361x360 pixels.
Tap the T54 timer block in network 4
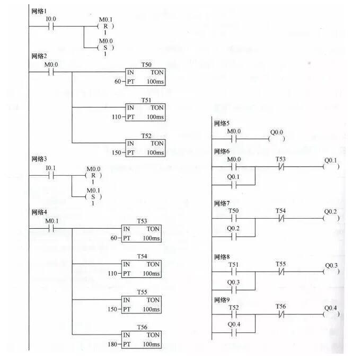click(142, 267)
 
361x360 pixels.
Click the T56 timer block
click(142, 338)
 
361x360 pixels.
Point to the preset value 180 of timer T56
click(112, 344)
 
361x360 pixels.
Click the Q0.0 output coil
click(276, 139)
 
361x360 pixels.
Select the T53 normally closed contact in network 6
click(280, 166)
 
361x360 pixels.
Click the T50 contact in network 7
click(233, 218)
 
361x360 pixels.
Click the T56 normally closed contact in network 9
click(280, 314)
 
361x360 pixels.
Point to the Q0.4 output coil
click(331, 314)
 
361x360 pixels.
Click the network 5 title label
click(222, 123)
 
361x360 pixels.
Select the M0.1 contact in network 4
click(51, 228)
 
